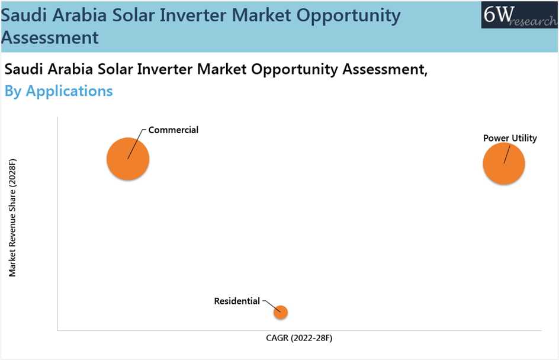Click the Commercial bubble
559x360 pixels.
point(128,159)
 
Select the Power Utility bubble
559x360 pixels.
point(504,163)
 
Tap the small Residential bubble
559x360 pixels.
point(281,312)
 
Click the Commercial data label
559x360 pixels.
point(174,130)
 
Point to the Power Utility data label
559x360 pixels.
point(510,138)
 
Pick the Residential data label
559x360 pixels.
point(237,301)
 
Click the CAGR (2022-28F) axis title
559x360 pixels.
point(299,337)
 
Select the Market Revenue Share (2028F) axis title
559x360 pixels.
point(12,218)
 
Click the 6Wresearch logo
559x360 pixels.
point(519,15)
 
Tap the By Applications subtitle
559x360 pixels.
point(59,91)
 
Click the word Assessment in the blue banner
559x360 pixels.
point(50,37)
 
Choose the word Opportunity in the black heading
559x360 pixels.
point(294,69)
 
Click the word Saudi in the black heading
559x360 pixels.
point(24,69)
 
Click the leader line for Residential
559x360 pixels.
point(272,306)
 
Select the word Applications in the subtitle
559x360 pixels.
point(69,91)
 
